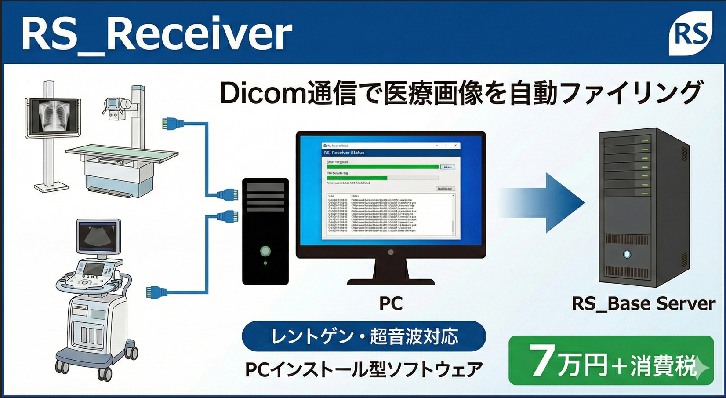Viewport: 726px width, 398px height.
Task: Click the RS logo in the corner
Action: point(690,34)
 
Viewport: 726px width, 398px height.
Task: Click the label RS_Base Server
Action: point(643,303)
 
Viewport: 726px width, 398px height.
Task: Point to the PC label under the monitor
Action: point(391,303)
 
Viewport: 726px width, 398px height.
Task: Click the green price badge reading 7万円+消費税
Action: point(611,361)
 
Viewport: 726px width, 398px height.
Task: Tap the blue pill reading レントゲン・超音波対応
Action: point(364,336)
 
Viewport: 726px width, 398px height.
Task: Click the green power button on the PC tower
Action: point(265,251)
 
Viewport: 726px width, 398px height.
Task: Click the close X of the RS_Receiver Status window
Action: point(456,146)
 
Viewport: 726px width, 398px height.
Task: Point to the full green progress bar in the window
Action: point(382,167)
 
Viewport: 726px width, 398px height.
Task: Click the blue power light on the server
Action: point(627,254)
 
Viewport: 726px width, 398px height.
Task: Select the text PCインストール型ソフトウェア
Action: point(364,369)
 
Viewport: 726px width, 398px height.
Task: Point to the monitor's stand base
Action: point(391,280)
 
